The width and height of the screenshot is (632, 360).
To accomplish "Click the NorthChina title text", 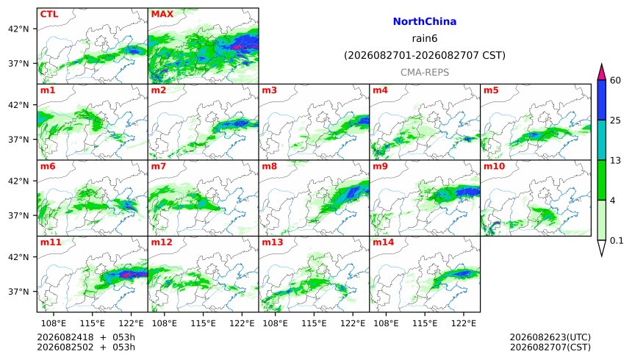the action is pyautogui.click(x=425, y=21).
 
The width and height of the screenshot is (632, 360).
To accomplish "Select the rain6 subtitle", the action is pyautogui.click(x=425, y=38).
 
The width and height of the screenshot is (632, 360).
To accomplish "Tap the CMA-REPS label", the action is pyautogui.click(x=425, y=72).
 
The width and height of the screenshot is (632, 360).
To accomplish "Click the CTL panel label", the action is pyautogui.click(x=49, y=14).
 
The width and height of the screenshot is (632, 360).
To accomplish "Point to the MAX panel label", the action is pyautogui.click(x=162, y=14).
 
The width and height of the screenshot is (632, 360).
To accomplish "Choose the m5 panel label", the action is pyautogui.click(x=491, y=90).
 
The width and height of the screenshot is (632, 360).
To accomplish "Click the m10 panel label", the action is pyautogui.click(x=494, y=166).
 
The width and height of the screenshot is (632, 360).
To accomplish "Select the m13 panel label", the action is pyautogui.click(x=273, y=242).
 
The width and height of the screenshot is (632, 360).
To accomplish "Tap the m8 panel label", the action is pyautogui.click(x=270, y=166).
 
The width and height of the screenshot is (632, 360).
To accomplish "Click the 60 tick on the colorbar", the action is pyautogui.click(x=616, y=80).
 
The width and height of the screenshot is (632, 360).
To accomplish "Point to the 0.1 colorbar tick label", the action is pyautogui.click(x=617, y=241).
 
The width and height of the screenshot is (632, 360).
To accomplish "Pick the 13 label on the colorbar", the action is pyautogui.click(x=616, y=160).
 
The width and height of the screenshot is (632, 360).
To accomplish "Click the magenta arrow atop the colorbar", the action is pyautogui.click(x=601, y=72).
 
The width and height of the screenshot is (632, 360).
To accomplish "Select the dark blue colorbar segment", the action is pyautogui.click(x=601, y=100).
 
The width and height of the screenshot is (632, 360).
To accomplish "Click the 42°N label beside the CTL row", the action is pyautogui.click(x=18, y=29).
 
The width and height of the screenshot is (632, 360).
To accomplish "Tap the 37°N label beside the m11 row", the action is pyautogui.click(x=18, y=292).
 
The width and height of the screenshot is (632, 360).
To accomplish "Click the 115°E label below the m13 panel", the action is pyautogui.click(x=314, y=323).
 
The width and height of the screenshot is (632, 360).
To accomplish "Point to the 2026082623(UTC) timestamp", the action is pyautogui.click(x=550, y=337).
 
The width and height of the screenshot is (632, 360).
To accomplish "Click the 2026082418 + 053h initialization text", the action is pyautogui.click(x=86, y=337).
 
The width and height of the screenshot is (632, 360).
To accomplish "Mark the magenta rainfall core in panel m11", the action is pyautogui.click(x=126, y=275).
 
